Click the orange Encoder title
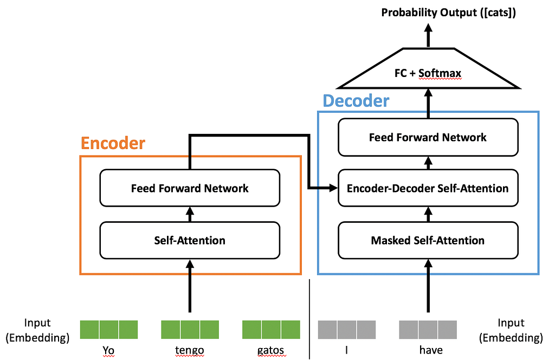(x=113, y=143)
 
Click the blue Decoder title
(x=356, y=101)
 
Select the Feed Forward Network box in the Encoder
(x=190, y=188)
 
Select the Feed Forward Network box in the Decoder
(x=428, y=137)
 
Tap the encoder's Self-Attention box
(x=190, y=240)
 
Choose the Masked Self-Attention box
(x=428, y=240)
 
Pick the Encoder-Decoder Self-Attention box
(x=428, y=188)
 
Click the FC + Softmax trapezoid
(x=428, y=68)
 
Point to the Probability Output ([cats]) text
(x=448, y=13)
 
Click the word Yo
(x=108, y=350)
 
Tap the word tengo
(x=189, y=350)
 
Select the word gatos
(x=270, y=350)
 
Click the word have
(x=431, y=350)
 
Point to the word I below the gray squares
(x=346, y=350)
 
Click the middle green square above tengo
(x=190, y=330)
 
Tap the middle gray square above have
(x=428, y=330)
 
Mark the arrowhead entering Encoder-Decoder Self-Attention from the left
(x=333, y=188)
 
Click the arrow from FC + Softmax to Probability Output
(x=428, y=35)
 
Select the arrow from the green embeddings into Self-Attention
(x=190, y=286)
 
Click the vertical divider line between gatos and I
(x=309, y=319)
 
